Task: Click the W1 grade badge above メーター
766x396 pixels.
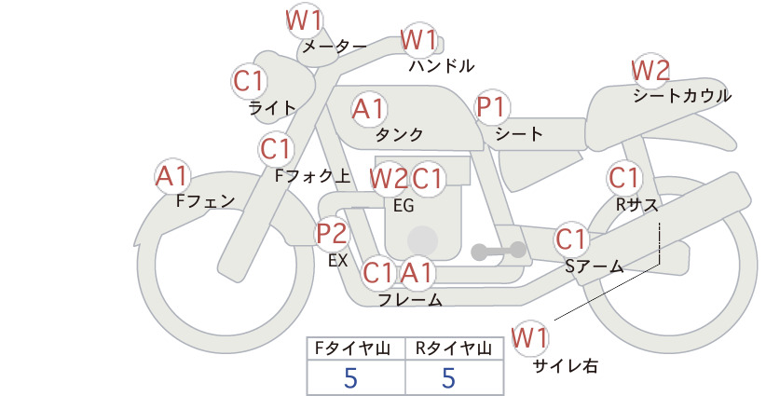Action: tap(304, 22)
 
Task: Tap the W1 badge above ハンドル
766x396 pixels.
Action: tap(418, 40)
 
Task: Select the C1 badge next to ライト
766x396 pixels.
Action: tap(249, 81)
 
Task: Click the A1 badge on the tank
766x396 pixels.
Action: tap(369, 109)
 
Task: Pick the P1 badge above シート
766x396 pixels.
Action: tap(492, 107)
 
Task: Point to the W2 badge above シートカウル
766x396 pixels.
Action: tap(650, 72)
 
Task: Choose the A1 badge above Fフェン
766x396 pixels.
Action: tap(172, 177)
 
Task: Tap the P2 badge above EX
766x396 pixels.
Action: tap(332, 234)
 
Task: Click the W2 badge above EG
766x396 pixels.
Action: tap(389, 179)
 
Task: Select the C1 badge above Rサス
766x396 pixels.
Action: tap(623, 178)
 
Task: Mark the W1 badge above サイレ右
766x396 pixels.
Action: tap(530, 338)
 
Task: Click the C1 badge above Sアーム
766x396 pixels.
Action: tap(570, 239)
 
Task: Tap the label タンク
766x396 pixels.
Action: tap(399, 134)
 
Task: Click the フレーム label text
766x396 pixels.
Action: tap(410, 299)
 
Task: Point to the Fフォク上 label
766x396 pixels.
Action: tap(313, 176)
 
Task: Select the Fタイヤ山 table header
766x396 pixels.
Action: tap(352, 348)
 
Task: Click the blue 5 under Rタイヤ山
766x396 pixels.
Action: tap(448, 377)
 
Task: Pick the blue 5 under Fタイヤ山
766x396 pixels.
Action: tap(350, 377)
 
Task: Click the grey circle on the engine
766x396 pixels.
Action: tap(422, 240)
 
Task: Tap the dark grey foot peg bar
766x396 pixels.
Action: tap(499, 251)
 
